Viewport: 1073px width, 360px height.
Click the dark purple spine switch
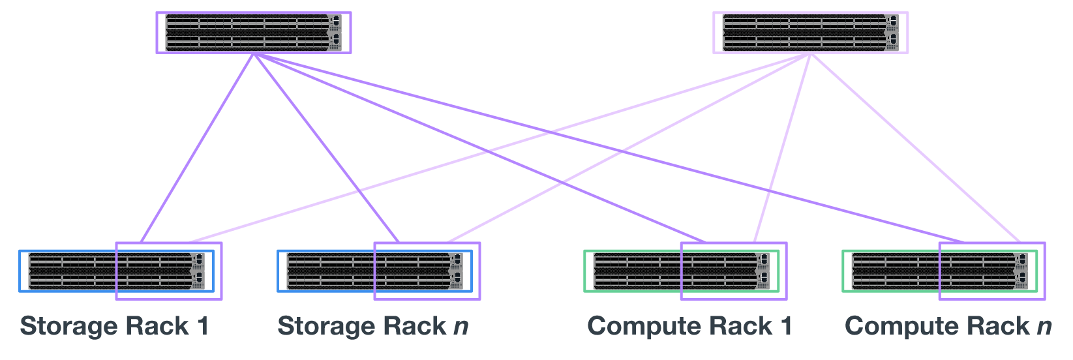[253, 32]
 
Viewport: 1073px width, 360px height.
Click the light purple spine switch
[810, 32]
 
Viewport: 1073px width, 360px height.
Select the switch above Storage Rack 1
[116, 271]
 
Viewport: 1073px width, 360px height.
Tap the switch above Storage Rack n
[374, 271]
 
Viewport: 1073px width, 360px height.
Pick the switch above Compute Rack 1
[681, 271]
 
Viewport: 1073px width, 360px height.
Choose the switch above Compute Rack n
[939, 271]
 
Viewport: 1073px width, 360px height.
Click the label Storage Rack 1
[115, 326]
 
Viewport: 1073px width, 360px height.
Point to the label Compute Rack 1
[689, 326]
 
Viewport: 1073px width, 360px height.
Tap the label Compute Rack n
[948, 326]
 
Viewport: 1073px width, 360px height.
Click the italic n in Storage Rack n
[461, 326]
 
